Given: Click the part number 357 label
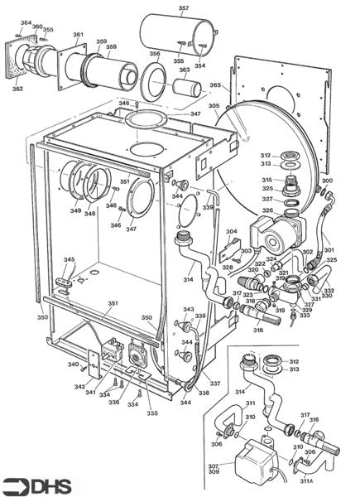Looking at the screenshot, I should point(183,8).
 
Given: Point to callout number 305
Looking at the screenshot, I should point(214,106).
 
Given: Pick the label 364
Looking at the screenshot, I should point(25,22).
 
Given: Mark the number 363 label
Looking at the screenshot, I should point(184,70).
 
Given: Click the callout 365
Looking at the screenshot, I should point(215,85).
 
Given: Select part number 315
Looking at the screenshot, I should point(267,180).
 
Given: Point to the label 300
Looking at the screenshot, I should point(327,180).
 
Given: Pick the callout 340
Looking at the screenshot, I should point(73,364).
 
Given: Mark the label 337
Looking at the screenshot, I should point(215,384).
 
